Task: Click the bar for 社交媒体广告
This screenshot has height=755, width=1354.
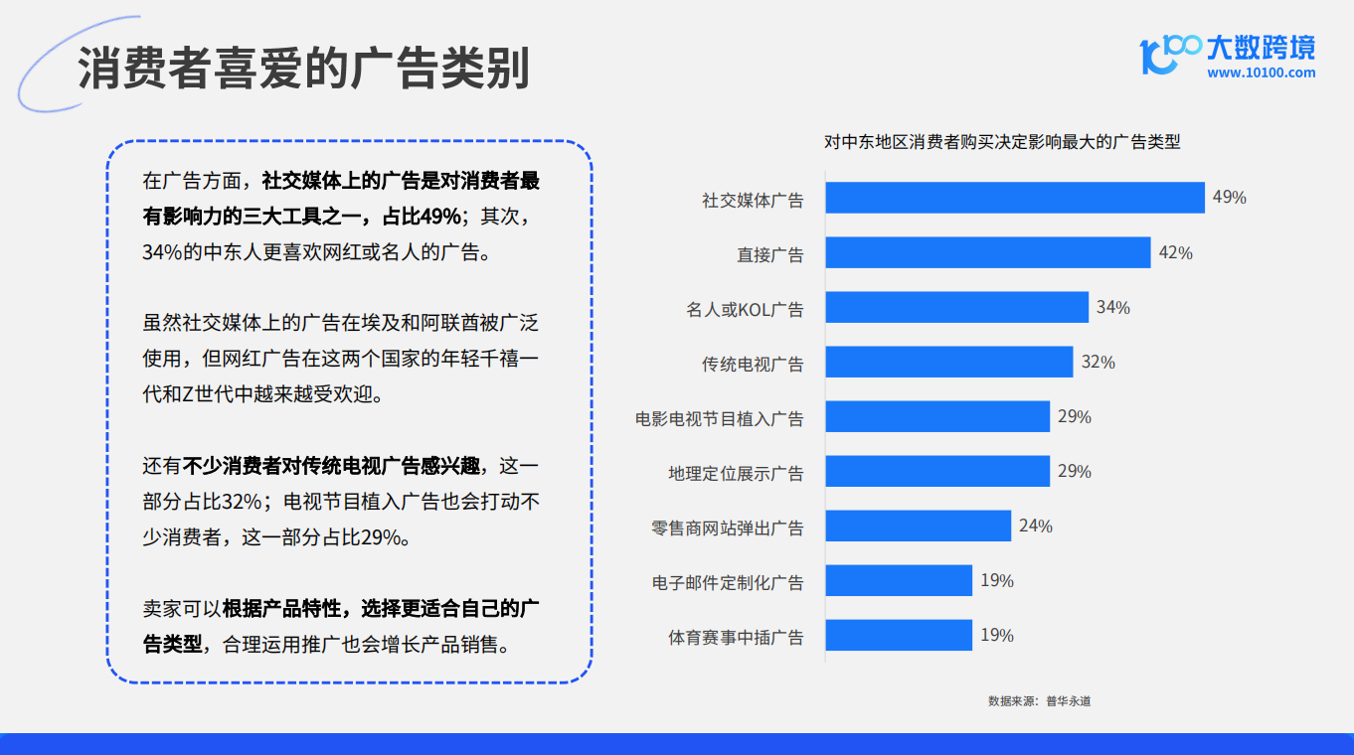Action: pos(1015,198)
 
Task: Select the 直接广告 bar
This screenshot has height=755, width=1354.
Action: pos(988,252)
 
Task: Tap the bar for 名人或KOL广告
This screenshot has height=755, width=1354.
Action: pos(957,307)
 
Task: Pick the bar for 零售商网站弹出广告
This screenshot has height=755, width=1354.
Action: pos(919,526)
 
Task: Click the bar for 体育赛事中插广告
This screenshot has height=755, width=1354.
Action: pos(899,635)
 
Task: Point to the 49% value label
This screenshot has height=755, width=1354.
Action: pos(1230,197)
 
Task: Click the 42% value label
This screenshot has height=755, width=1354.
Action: pos(1176,252)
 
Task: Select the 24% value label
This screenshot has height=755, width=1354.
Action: pos(1036,526)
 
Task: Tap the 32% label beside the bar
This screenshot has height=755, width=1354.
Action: pos(1099,362)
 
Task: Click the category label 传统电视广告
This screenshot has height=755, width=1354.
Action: pos(753,365)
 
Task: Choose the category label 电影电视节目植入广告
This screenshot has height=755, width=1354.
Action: pos(720,418)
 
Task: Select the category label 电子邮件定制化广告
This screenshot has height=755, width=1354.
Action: pos(728,583)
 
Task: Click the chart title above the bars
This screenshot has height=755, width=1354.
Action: pos(1002,142)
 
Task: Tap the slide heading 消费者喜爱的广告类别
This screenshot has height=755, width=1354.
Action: pos(304,68)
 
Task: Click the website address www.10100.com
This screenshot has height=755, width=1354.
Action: pos(1262,73)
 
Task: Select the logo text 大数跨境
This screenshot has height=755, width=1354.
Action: pos(1262,48)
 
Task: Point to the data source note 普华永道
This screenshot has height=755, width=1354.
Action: pos(1069,700)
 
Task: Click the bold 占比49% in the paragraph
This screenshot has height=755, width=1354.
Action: pos(422,217)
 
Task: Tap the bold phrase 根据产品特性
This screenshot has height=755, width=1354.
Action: pos(281,608)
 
